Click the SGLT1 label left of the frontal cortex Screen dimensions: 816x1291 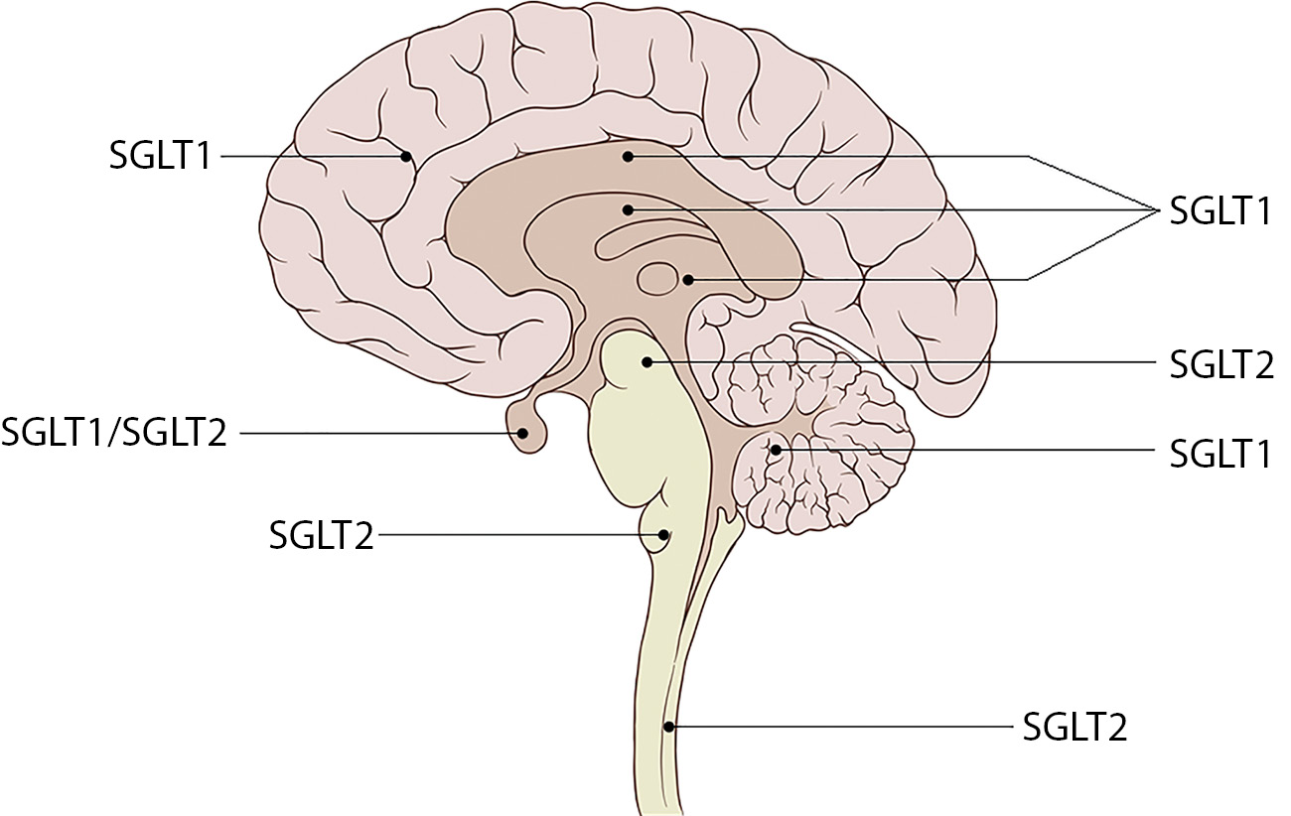[x=160, y=156]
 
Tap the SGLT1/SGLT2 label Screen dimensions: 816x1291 [x=114, y=433]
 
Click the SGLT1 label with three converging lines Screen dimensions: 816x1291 [x=1220, y=210]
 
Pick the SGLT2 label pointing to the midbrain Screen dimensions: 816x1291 [x=1220, y=364]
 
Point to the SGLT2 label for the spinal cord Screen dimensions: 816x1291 [x=1076, y=728]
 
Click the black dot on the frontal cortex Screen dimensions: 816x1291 [x=406, y=156]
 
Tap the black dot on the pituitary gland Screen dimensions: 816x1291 [x=522, y=433]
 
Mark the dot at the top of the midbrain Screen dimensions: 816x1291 [x=646, y=363]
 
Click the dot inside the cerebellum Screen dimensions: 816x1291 [x=776, y=452]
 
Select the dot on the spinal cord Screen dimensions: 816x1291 [x=669, y=727]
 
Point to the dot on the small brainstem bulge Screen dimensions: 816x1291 [x=663, y=535]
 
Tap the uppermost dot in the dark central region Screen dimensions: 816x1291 [x=628, y=156]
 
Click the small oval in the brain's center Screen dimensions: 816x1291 [x=656, y=278]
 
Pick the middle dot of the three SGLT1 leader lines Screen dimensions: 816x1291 [x=628, y=209]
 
